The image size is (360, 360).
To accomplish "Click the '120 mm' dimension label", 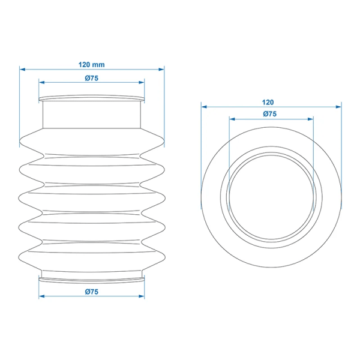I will [x=91, y=64].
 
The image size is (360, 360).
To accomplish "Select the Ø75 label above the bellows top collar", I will [x=91, y=78].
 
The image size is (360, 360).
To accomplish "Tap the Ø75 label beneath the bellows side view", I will [x=91, y=291].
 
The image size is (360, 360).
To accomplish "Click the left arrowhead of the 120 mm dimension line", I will [x=22, y=70].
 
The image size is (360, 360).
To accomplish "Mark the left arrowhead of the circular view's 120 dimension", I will [x=203, y=107].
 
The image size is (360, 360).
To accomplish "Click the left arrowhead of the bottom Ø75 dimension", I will [x=41, y=296].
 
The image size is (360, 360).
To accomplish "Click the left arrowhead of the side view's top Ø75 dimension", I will [x=41, y=83].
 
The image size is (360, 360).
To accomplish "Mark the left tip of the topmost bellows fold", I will [x=21, y=142].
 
